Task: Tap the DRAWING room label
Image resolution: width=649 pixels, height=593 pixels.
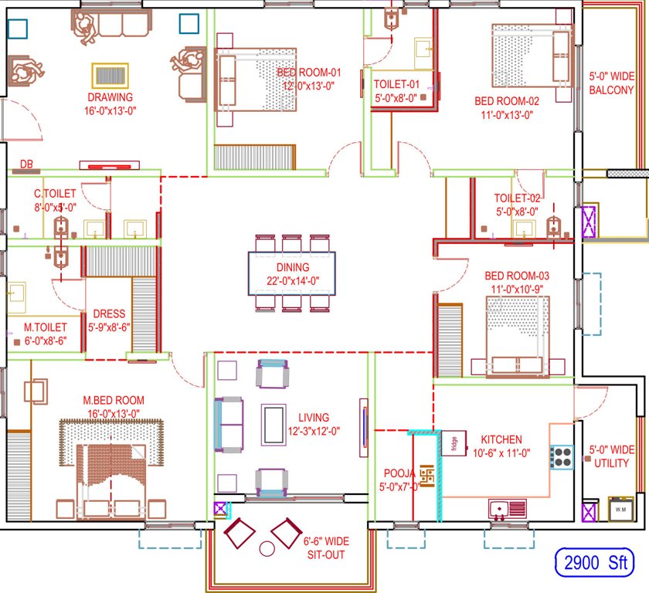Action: coord(110,98)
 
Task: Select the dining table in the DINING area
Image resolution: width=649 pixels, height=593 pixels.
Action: coord(292,273)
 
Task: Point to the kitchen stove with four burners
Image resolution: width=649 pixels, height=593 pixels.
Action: coord(562,456)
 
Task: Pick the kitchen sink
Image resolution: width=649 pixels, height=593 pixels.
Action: coord(508,508)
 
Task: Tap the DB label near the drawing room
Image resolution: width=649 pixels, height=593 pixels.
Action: coord(26,163)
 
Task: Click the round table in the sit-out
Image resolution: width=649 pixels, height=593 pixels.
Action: coord(267,549)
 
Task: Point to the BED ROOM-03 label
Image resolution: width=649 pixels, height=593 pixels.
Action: coord(516,276)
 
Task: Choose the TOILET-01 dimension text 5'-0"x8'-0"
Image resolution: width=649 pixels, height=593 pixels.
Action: coord(396,98)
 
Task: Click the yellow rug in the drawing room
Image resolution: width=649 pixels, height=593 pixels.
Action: coord(110,76)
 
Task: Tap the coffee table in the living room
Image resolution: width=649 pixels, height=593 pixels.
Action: coord(273,425)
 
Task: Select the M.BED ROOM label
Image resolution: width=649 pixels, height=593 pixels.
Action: coord(114,400)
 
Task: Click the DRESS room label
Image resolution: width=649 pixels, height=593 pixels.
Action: coord(108,314)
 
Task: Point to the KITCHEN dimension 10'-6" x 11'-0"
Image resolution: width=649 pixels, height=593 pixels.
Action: coord(501,453)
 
